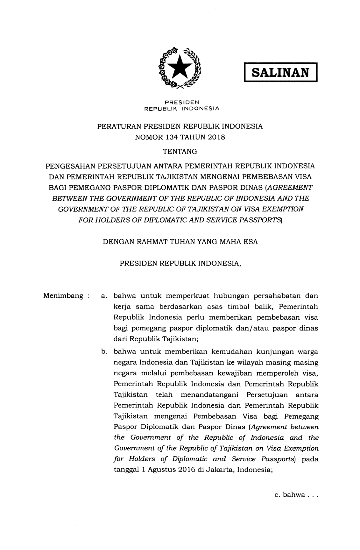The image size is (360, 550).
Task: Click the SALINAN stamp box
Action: click(281, 72)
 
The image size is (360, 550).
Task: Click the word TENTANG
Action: click(180, 152)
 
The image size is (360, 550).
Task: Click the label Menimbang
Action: click(63, 296)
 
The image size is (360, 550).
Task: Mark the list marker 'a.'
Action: click(103, 296)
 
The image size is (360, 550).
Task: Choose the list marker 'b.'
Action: click(104, 352)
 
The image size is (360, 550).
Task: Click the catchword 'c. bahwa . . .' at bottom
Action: click(296, 495)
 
